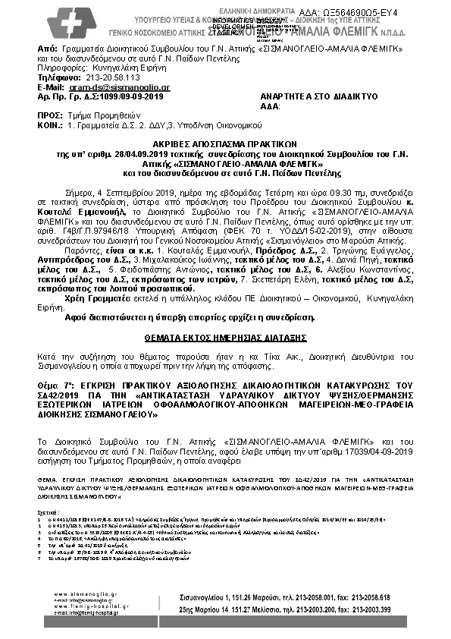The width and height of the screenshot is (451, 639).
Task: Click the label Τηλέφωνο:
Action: tap(58, 77)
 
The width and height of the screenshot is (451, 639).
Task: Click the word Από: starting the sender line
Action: tap(47, 48)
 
